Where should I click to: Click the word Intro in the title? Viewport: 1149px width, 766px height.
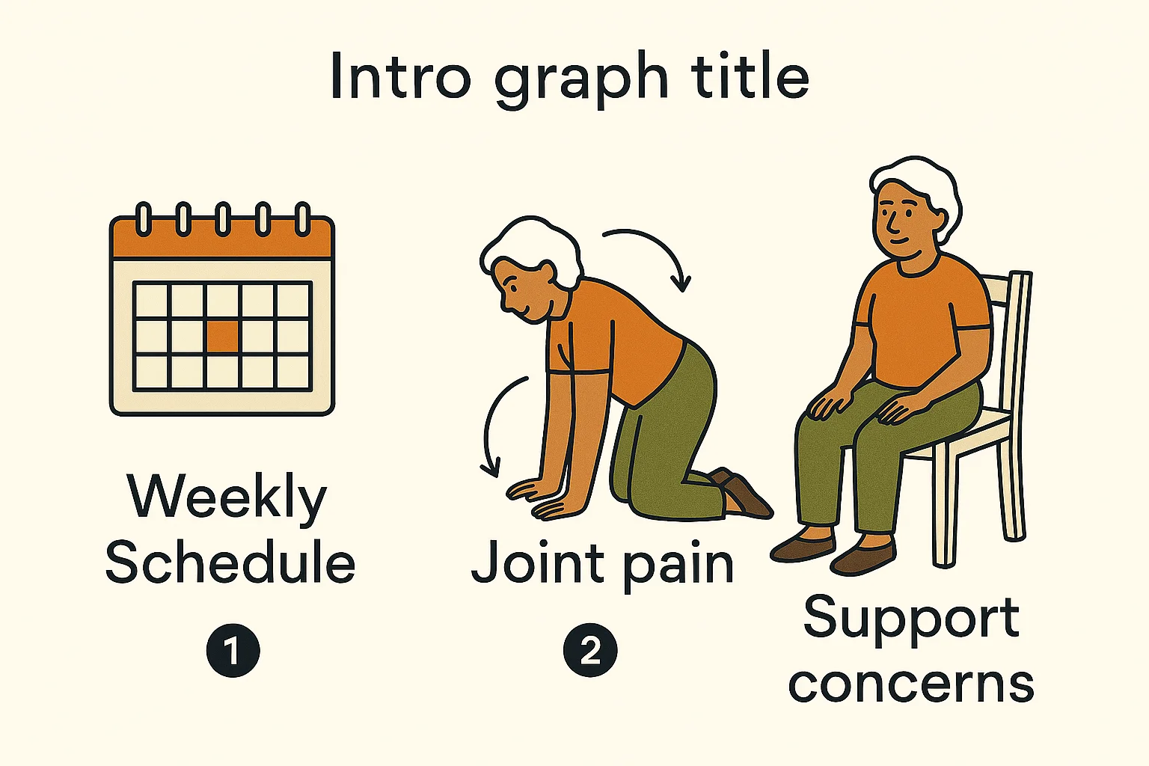click(401, 76)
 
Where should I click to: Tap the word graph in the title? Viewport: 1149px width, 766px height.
click(581, 79)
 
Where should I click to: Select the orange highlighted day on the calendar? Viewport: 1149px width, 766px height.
click(223, 336)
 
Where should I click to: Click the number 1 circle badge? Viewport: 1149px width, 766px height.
click(233, 651)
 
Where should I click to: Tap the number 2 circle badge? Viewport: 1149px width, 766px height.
click(590, 651)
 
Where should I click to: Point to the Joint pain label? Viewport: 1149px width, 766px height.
click(602, 565)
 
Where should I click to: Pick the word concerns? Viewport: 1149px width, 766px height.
click(911, 685)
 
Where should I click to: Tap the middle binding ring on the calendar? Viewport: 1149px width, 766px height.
click(223, 219)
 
